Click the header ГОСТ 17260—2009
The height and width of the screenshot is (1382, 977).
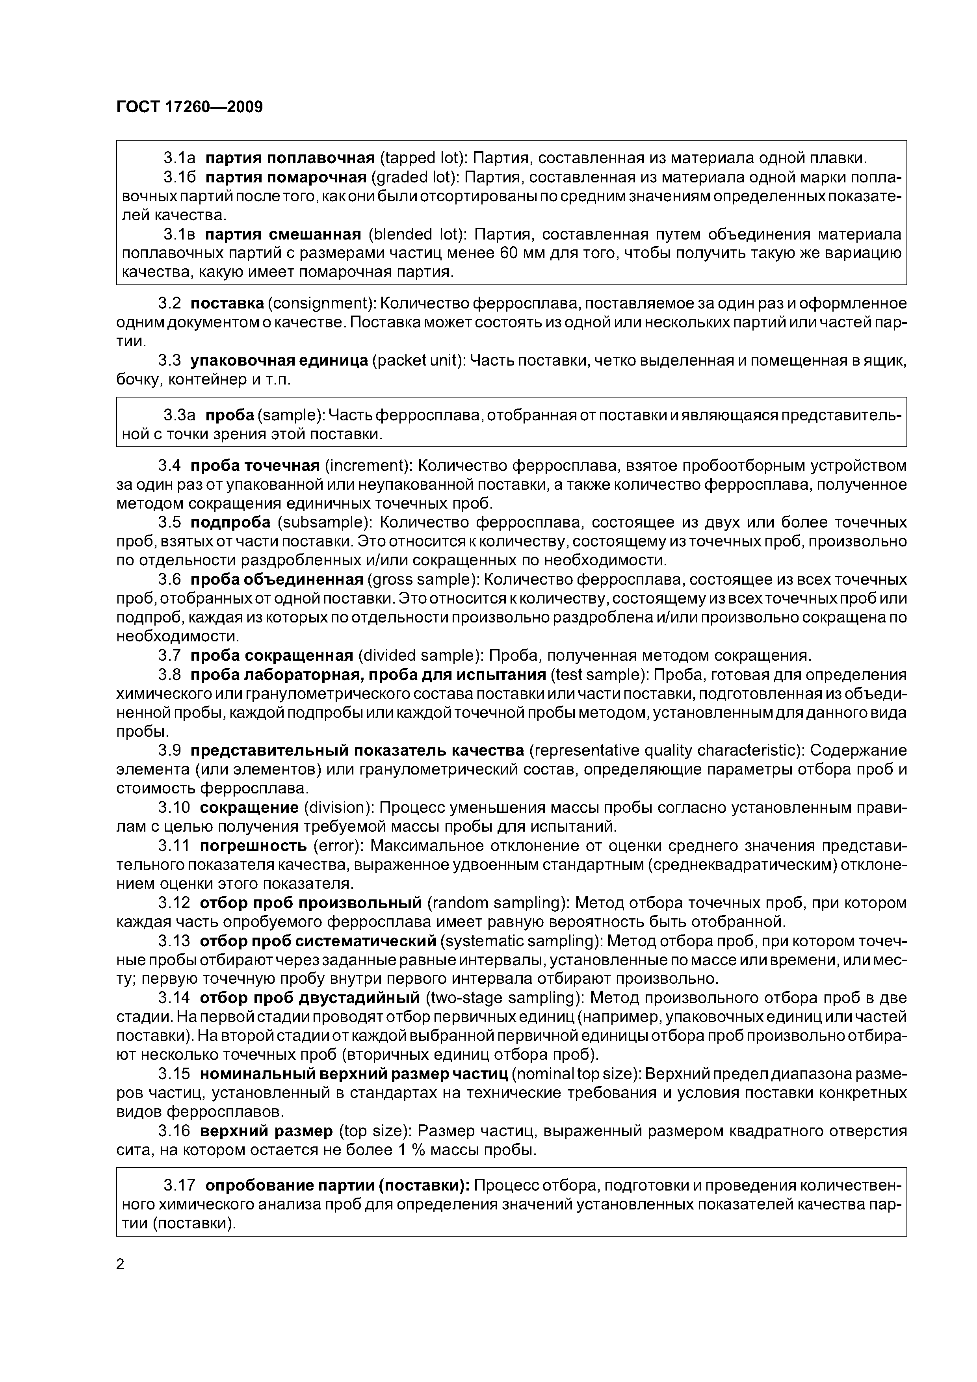pos(189,107)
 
